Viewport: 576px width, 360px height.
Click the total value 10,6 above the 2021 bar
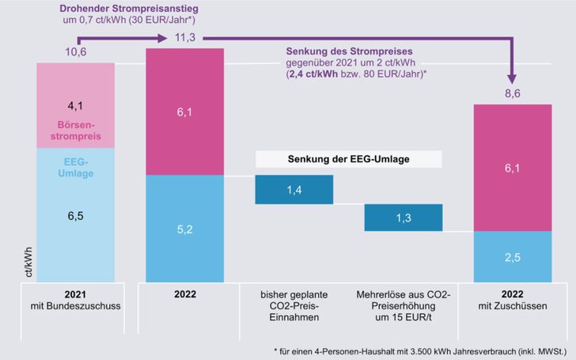(75, 52)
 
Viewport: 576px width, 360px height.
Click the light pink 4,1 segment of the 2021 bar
(76, 104)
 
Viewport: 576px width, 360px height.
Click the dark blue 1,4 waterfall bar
(294, 189)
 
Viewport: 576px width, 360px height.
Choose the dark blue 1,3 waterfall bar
(404, 218)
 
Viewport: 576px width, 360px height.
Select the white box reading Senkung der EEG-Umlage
(349, 160)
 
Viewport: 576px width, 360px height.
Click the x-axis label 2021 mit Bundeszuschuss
(76, 300)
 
